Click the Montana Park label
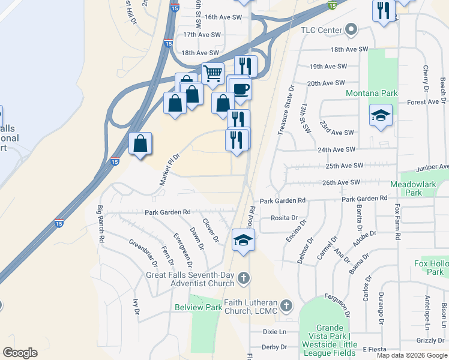[372, 94]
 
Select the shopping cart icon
[212, 73]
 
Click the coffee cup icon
[240, 89]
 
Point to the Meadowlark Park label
[414, 188]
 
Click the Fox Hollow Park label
[431, 268]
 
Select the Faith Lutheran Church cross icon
[286, 306]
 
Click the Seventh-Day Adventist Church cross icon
[243, 278]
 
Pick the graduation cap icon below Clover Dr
[244, 240]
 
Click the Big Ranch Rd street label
[101, 224]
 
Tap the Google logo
[20, 353]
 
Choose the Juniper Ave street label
[435, 167]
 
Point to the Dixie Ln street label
[274, 332]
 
